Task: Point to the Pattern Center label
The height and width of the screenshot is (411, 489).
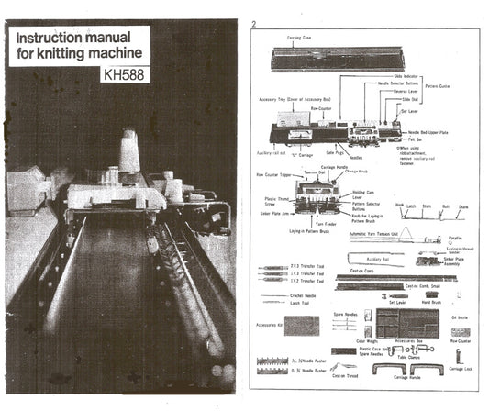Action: coord(439,86)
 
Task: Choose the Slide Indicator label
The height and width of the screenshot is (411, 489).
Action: coord(406,77)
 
